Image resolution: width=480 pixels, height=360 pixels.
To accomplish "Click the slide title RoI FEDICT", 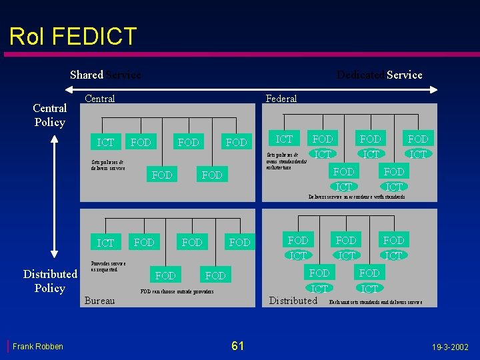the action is click(73, 36).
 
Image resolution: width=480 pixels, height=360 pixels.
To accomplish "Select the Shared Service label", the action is click(105, 75).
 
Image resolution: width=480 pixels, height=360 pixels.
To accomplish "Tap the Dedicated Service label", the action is click(379, 75).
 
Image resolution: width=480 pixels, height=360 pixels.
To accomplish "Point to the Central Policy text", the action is click(50, 115).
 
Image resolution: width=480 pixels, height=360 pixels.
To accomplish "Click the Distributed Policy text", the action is click(50, 281).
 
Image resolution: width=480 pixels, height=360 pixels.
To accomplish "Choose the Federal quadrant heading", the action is click(281, 99).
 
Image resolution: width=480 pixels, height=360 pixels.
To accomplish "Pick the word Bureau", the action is click(99, 301).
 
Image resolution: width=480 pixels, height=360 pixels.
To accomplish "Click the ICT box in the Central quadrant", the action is click(105, 142).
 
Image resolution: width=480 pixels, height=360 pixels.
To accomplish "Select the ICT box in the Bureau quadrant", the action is click(105, 243).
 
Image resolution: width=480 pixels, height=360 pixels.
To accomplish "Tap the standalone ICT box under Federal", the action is click(284, 139).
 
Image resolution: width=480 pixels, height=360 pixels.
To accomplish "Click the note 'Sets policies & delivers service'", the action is click(108, 165).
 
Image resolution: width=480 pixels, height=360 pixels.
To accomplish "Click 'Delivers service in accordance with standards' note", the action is click(356, 197).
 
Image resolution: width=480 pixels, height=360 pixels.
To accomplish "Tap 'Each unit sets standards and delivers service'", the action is click(375, 302).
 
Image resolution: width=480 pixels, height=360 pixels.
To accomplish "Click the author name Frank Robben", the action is click(38, 346).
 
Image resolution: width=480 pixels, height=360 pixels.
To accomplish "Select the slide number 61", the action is click(237, 345).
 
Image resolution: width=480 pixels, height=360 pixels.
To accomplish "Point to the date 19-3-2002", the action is click(450, 347).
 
